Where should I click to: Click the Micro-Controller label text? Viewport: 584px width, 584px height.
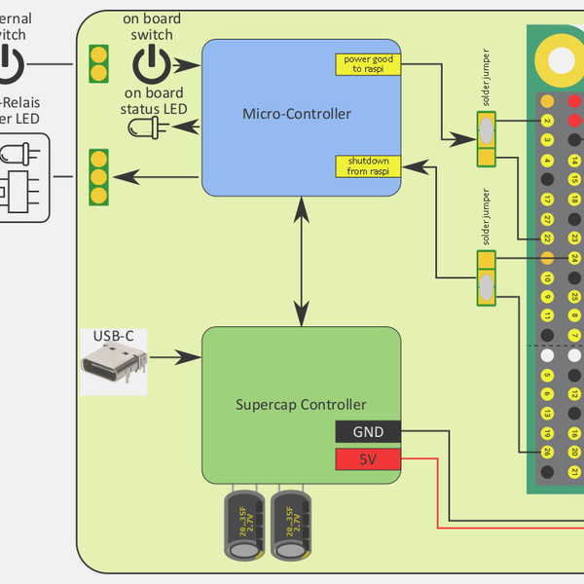pos(296,115)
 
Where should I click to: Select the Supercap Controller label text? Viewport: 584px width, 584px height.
pos(301,404)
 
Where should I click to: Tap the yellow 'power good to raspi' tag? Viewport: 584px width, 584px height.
pos(369,64)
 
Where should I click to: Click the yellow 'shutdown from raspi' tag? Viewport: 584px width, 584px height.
pos(368,166)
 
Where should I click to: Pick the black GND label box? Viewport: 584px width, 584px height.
pos(367,431)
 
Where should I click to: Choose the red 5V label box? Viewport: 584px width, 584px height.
pos(367,458)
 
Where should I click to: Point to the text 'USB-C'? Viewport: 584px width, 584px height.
pos(113,337)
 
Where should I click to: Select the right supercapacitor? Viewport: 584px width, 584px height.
pos(290,526)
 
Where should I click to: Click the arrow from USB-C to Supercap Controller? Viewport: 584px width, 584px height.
pos(175,357)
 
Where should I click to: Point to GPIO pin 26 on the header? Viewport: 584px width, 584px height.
pos(548,452)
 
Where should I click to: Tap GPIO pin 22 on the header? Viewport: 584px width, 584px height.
pos(548,237)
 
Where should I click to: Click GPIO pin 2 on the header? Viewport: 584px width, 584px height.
pos(548,122)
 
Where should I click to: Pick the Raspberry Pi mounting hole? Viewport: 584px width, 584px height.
pos(562,59)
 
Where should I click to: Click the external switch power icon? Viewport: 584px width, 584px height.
pos(8,65)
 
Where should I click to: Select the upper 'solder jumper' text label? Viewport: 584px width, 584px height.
pos(488,78)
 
